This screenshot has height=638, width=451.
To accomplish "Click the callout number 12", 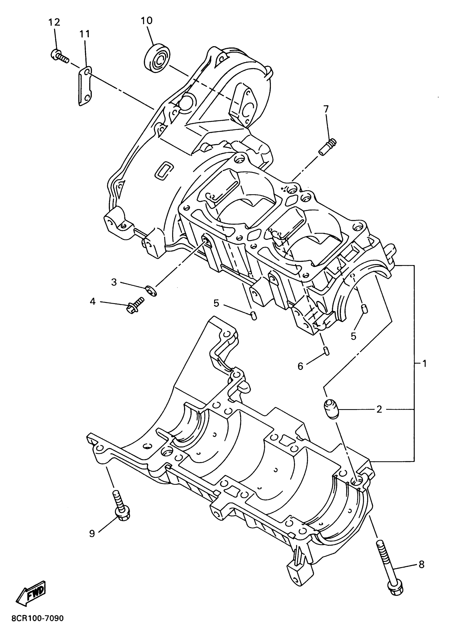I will click(x=54, y=22).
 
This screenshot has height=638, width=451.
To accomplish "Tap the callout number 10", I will click(x=147, y=20).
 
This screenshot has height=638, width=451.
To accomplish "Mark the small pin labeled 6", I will click(x=327, y=351).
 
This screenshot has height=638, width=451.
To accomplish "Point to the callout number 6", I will click(x=300, y=366).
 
